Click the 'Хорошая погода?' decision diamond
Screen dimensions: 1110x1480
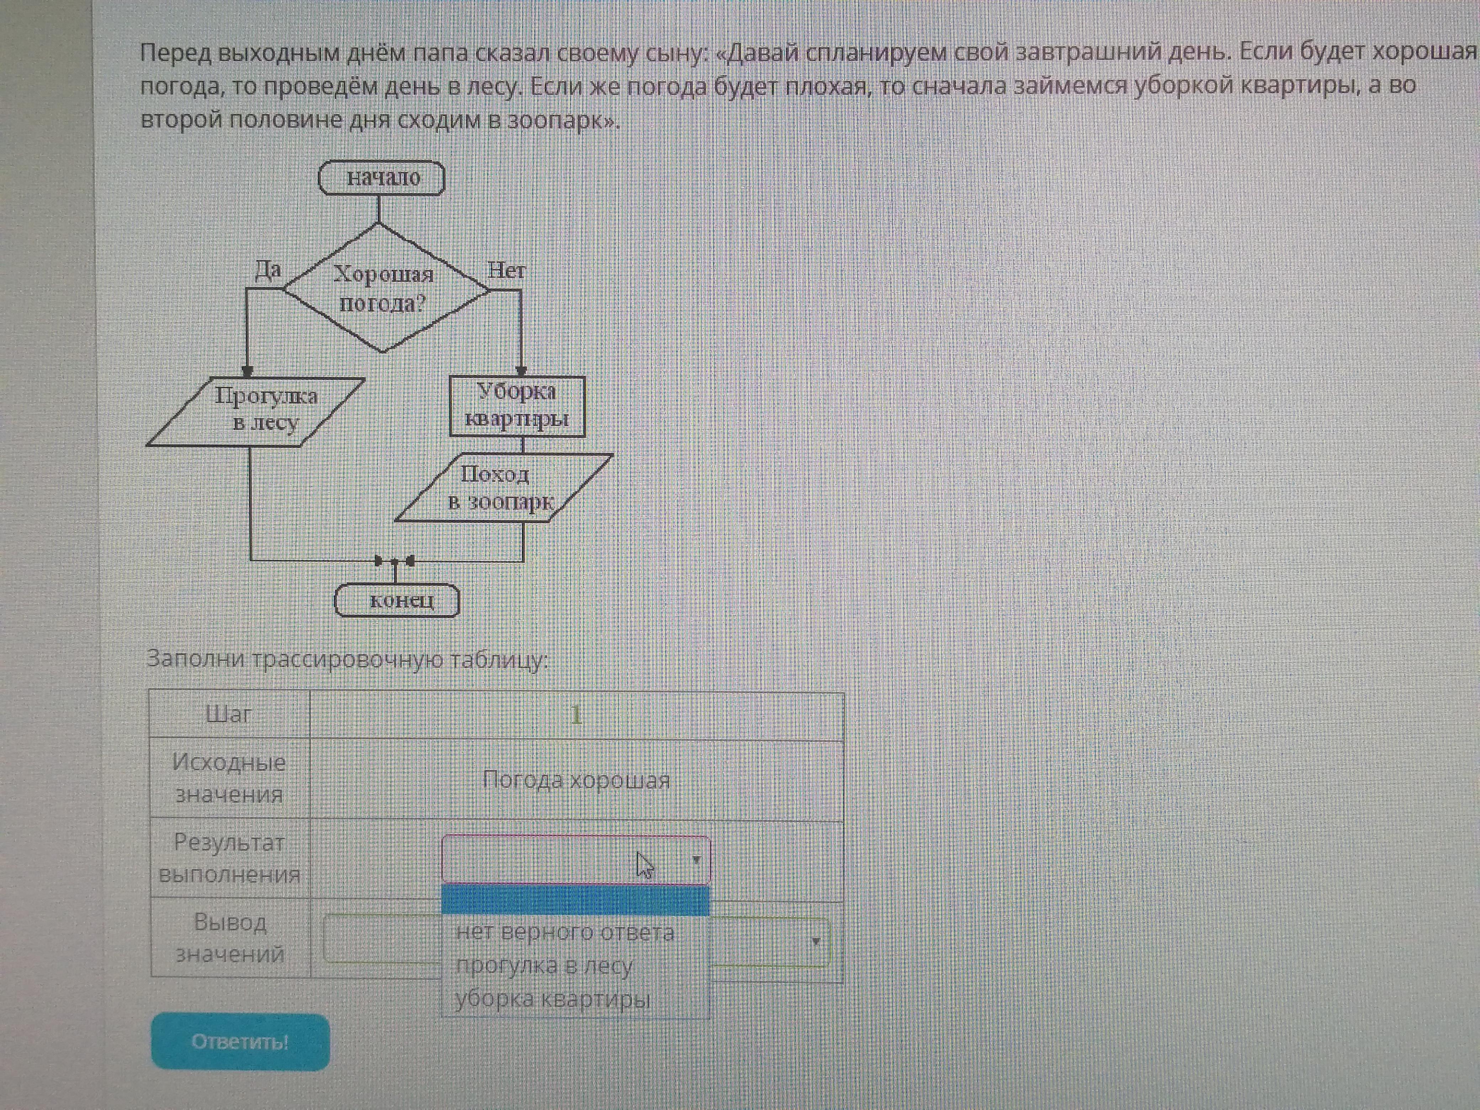(x=384, y=289)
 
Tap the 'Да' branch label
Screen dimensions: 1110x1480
(x=268, y=270)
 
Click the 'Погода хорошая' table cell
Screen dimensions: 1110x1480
(x=576, y=780)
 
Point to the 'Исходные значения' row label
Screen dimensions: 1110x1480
(x=229, y=778)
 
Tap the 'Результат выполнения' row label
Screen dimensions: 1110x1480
(x=229, y=858)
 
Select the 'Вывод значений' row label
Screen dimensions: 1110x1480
(x=229, y=938)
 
